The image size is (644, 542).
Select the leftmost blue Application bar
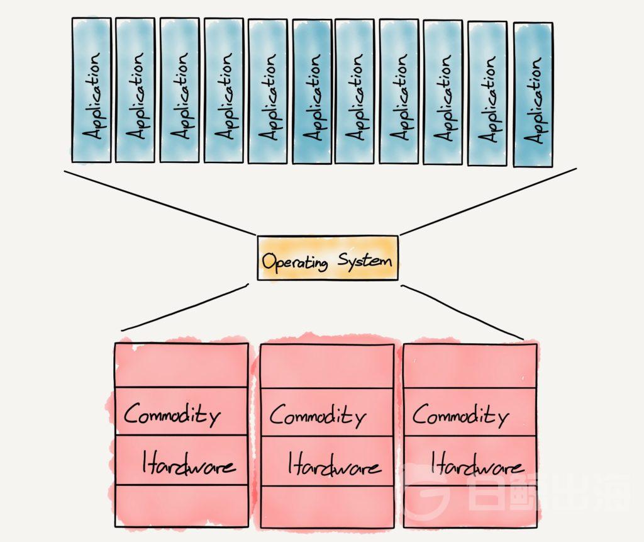coord(91,90)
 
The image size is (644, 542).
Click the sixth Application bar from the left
coord(312,91)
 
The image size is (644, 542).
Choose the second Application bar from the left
coord(135,90)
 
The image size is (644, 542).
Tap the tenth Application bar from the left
coord(487,93)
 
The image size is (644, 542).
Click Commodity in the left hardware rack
coord(172,414)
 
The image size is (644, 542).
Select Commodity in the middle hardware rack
coord(318,416)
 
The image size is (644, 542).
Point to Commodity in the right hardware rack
coord(460,415)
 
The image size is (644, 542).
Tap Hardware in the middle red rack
coord(334,466)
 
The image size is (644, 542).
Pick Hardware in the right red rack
coord(477,466)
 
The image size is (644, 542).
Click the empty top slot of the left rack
coord(180,366)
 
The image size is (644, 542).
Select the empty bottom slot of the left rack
coord(181,504)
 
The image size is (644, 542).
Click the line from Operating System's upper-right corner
coord(488,201)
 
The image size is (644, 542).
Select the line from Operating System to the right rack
coord(462,312)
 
